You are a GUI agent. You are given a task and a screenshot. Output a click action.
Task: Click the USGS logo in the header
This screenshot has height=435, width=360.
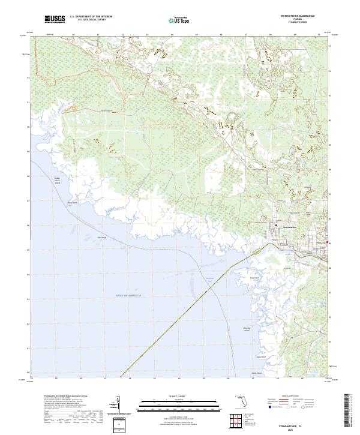[55, 20]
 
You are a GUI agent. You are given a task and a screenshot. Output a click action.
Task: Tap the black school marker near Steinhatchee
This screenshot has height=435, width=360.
[276, 225]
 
